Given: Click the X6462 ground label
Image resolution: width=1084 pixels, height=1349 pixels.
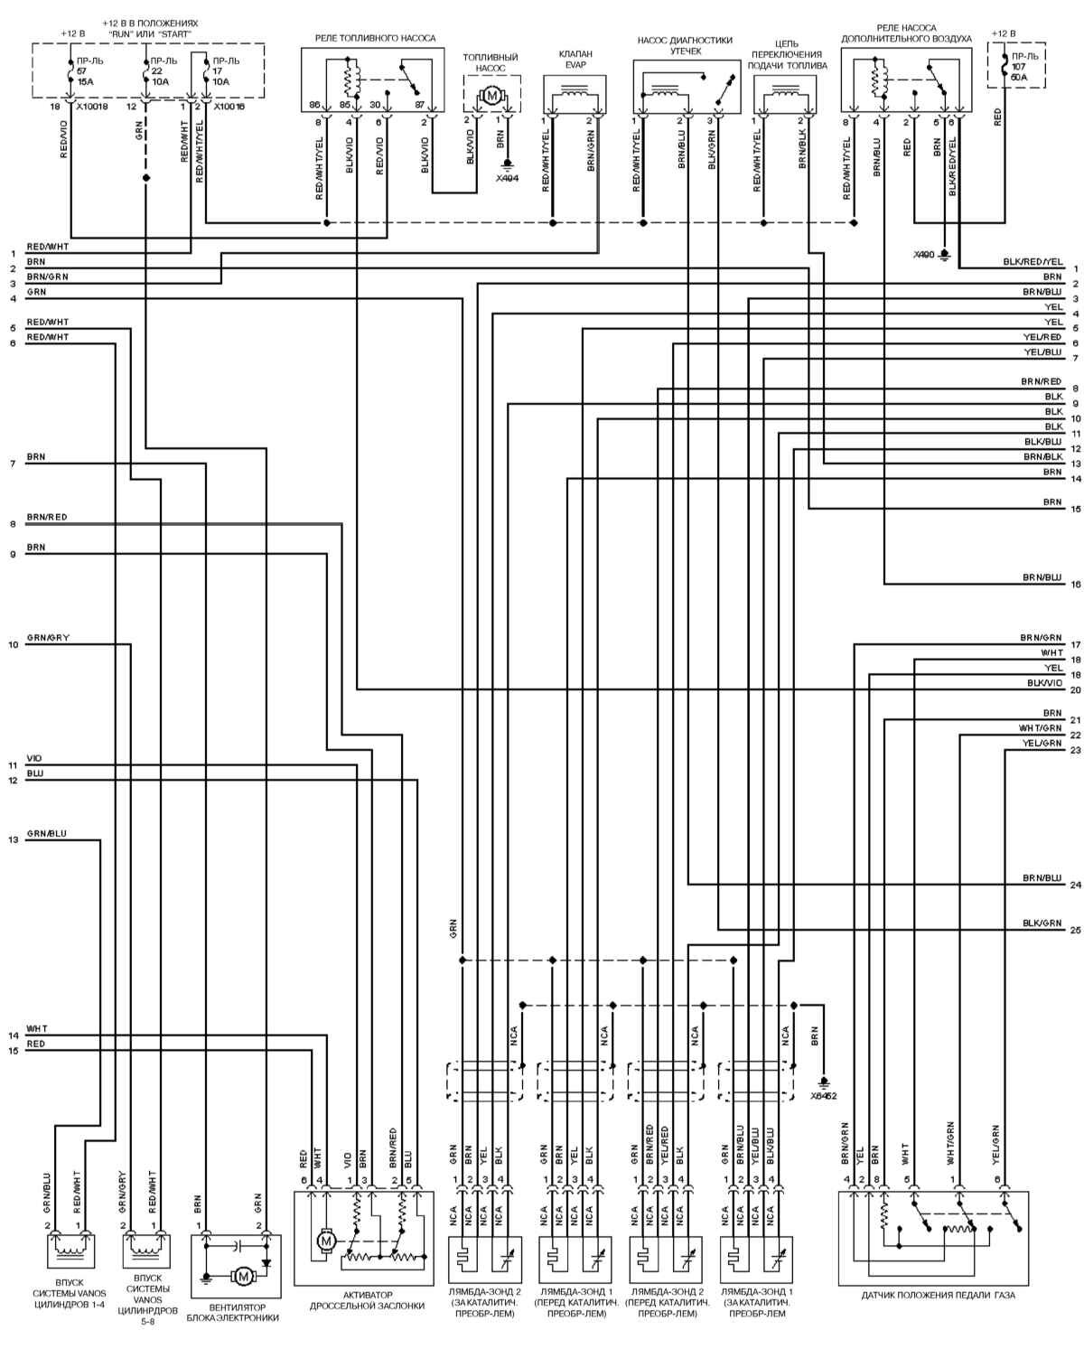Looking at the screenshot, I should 824,1095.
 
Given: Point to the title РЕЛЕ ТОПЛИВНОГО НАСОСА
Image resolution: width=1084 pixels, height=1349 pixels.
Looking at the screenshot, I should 375,39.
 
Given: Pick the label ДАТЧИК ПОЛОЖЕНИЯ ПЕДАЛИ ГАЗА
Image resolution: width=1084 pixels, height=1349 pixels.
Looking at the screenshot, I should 939,1295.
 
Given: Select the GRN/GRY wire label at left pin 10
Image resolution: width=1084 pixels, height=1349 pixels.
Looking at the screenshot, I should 48,638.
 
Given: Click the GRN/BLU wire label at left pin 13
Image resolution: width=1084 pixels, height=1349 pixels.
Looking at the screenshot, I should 47,833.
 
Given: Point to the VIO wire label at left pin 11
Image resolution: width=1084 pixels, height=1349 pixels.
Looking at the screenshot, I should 34,758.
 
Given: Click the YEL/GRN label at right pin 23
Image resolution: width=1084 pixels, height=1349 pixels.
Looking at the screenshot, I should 1042,743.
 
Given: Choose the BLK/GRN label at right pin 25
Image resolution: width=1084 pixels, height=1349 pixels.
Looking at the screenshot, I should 1042,923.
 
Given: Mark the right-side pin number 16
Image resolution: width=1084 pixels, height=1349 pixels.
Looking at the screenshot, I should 1075,585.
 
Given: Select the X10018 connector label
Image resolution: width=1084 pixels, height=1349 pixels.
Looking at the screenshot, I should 90,106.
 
